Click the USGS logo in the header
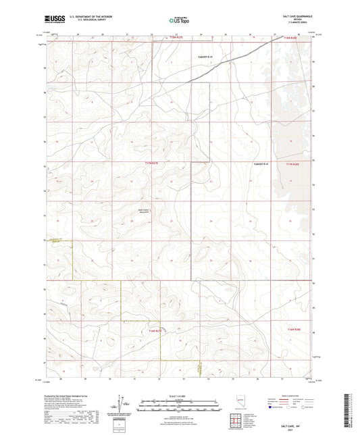pos(51,21)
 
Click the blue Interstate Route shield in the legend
pos(272,407)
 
